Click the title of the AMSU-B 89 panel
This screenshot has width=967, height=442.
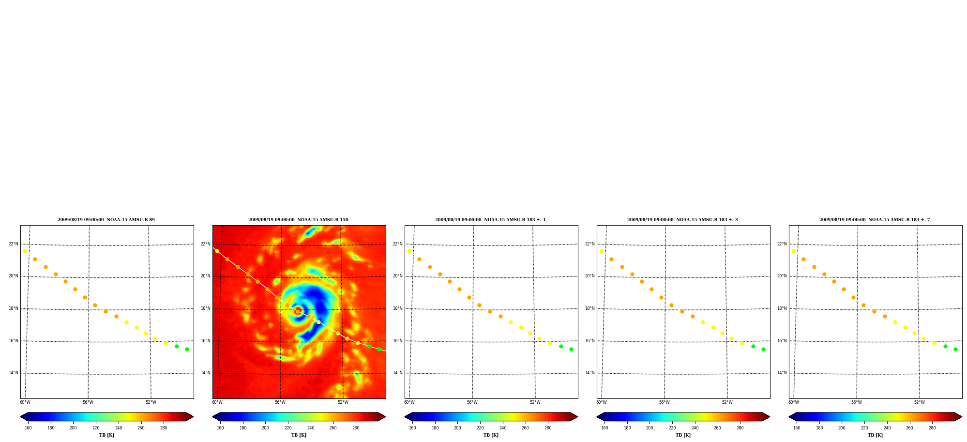(106, 220)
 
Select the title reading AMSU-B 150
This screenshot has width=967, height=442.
(298, 220)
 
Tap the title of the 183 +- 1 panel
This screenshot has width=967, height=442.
(490, 220)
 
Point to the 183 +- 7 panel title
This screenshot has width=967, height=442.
(875, 220)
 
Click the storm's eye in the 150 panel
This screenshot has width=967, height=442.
(298, 310)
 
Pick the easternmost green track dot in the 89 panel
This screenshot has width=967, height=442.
(187, 349)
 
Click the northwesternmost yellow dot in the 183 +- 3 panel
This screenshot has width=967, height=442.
(601, 251)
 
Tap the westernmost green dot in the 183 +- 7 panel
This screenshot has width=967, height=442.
(945, 346)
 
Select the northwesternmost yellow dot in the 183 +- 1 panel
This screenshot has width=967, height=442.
(409, 251)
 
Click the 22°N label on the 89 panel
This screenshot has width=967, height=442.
(14, 244)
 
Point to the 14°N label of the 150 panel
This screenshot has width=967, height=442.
(206, 373)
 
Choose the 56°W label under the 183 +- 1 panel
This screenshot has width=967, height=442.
(472, 402)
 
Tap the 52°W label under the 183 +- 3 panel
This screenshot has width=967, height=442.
(727, 402)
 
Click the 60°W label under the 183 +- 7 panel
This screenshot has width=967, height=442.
(794, 402)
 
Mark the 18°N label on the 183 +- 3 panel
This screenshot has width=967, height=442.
(590, 308)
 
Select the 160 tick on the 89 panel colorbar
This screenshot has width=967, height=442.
(28, 427)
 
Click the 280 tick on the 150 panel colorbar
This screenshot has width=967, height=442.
(356, 427)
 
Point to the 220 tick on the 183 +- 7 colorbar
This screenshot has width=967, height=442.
(864, 427)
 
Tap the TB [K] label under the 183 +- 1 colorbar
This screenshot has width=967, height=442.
(491, 435)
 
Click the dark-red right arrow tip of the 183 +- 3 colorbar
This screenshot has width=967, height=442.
(770, 416)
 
